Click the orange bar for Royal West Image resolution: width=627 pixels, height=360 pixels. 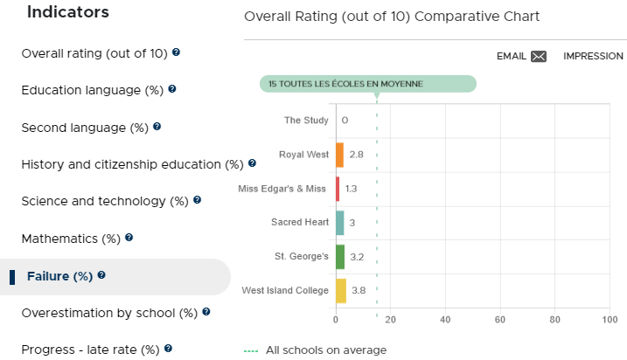click(x=339, y=155)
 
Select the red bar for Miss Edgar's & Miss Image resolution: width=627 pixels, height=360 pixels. click(x=338, y=189)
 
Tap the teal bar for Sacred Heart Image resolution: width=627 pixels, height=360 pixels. click(x=340, y=223)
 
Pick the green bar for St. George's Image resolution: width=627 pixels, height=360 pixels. click(x=340, y=257)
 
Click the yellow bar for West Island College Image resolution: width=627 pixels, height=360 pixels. click(x=341, y=290)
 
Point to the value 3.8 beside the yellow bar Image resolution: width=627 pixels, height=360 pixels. click(x=359, y=290)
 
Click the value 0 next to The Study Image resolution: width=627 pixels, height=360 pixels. click(x=345, y=121)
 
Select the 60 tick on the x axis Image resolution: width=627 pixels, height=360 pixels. click(x=500, y=320)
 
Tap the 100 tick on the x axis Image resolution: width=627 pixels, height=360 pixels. click(x=610, y=320)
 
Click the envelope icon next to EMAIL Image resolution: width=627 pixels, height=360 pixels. click(x=539, y=56)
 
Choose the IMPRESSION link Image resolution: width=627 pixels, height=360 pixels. click(x=593, y=56)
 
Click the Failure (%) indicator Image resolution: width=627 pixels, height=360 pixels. click(x=59, y=276)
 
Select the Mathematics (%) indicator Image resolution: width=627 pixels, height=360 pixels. click(x=71, y=239)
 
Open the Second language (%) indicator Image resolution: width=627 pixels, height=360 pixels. click(x=85, y=128)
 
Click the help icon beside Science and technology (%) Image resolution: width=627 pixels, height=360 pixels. click(x=197, y=200)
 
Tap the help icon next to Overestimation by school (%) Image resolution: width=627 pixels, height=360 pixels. click(x=206, y=312)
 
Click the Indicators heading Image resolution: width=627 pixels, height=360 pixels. click(x=68, y=12)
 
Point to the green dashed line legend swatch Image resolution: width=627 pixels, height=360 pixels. click(x=251, y=351)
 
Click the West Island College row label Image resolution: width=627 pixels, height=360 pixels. click(x=285, y=290)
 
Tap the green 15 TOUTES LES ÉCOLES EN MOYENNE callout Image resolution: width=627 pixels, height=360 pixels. click(x=368, y=84)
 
